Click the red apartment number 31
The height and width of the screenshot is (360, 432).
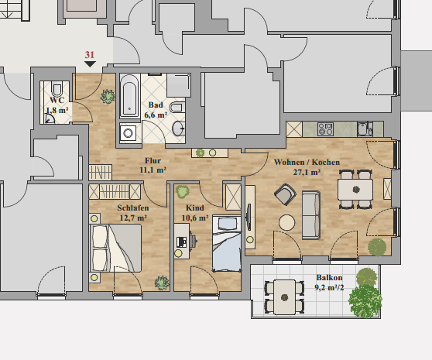[x=90, y=55]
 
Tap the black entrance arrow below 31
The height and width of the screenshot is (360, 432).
[x=90, y=64]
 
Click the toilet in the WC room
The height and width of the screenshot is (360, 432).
[x=57, y=89]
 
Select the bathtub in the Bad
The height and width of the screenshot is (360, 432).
[x=129, y=96]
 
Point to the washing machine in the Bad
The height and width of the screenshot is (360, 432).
[x=128, y=133]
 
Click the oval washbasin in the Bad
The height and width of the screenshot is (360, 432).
[x=179, y=128]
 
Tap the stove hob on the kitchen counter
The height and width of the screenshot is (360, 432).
[x=325, y=129]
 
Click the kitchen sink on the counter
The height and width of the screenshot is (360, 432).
[x=365, y=129]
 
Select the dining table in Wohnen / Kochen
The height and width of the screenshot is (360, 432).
[x=355, y=190]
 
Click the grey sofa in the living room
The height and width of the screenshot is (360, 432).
[x=311, y=215]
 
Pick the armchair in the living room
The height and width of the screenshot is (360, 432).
[x=285, y=194]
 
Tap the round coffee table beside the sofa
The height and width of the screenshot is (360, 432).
[x=286, y=222]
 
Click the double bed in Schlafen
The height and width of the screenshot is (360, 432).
[x=115, y=248]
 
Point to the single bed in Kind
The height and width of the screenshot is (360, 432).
[x=227, y=244]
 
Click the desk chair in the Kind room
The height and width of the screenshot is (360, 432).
[x=193, y=242]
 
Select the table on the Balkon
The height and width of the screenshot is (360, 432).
[x=284, y=297]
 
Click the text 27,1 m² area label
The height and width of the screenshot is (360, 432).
[x=307, y=173]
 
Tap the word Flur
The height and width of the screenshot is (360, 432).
[x=153, y=160]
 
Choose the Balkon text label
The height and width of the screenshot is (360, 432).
[x=329, y=277]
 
